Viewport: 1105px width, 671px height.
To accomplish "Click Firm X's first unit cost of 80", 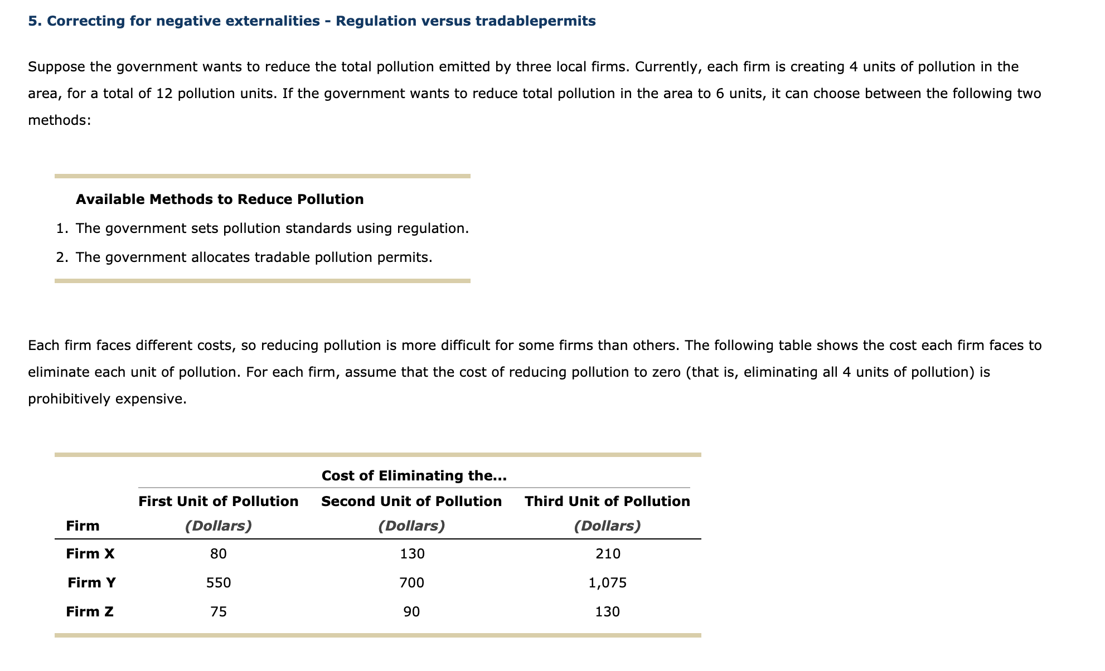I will tap(219, 554).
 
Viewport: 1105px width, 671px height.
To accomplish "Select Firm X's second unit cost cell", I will tap(412, 554).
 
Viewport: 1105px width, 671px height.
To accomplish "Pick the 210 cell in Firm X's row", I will tap(608, 554).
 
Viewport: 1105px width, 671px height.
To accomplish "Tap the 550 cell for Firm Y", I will tap(219, 583).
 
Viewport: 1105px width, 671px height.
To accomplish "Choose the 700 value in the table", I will tap(412, 583).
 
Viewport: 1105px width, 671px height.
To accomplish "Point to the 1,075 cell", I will tap(608, 583).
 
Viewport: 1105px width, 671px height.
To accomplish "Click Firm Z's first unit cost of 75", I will tap(219, 612).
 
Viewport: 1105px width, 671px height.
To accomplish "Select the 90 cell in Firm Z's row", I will tap(412, 612).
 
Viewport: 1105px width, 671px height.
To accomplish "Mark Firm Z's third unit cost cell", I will tap(608, 612).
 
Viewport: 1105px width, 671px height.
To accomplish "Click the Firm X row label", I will tap(90, 554).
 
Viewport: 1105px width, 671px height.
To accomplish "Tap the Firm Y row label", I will tap(91, 583).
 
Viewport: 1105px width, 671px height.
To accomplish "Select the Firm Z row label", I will tap(90, 612).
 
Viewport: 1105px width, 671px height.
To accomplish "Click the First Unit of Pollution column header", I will tap(219, 502).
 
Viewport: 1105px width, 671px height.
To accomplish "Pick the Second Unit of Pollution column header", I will tap(411, 502).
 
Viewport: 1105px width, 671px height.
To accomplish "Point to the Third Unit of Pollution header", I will tap(607, 502).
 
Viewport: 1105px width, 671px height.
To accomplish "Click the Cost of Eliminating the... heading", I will tap(414, 476).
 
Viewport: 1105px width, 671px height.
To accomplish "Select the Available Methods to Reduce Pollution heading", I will tap(220, 200).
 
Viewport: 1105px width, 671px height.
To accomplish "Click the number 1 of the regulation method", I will tap(60, 228).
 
